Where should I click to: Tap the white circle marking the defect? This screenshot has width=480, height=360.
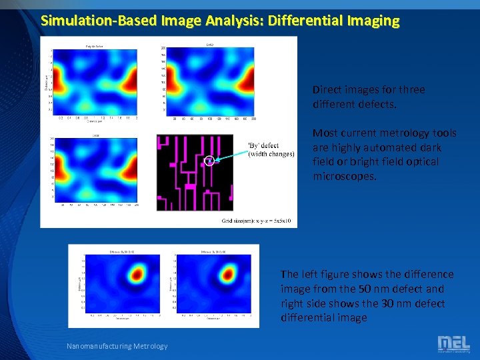click(209, 161)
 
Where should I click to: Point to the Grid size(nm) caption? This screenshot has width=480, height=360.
click(259, 221)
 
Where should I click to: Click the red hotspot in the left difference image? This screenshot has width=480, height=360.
click(138, 273)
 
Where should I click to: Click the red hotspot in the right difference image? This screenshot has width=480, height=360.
click(229, 273)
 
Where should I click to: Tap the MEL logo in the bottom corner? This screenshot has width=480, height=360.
click(453, 344)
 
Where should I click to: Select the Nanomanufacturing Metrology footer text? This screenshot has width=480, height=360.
click(117, 345)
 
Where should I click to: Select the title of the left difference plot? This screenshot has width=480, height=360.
click(122, 252)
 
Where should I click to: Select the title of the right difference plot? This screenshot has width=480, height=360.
click(213, 252)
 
